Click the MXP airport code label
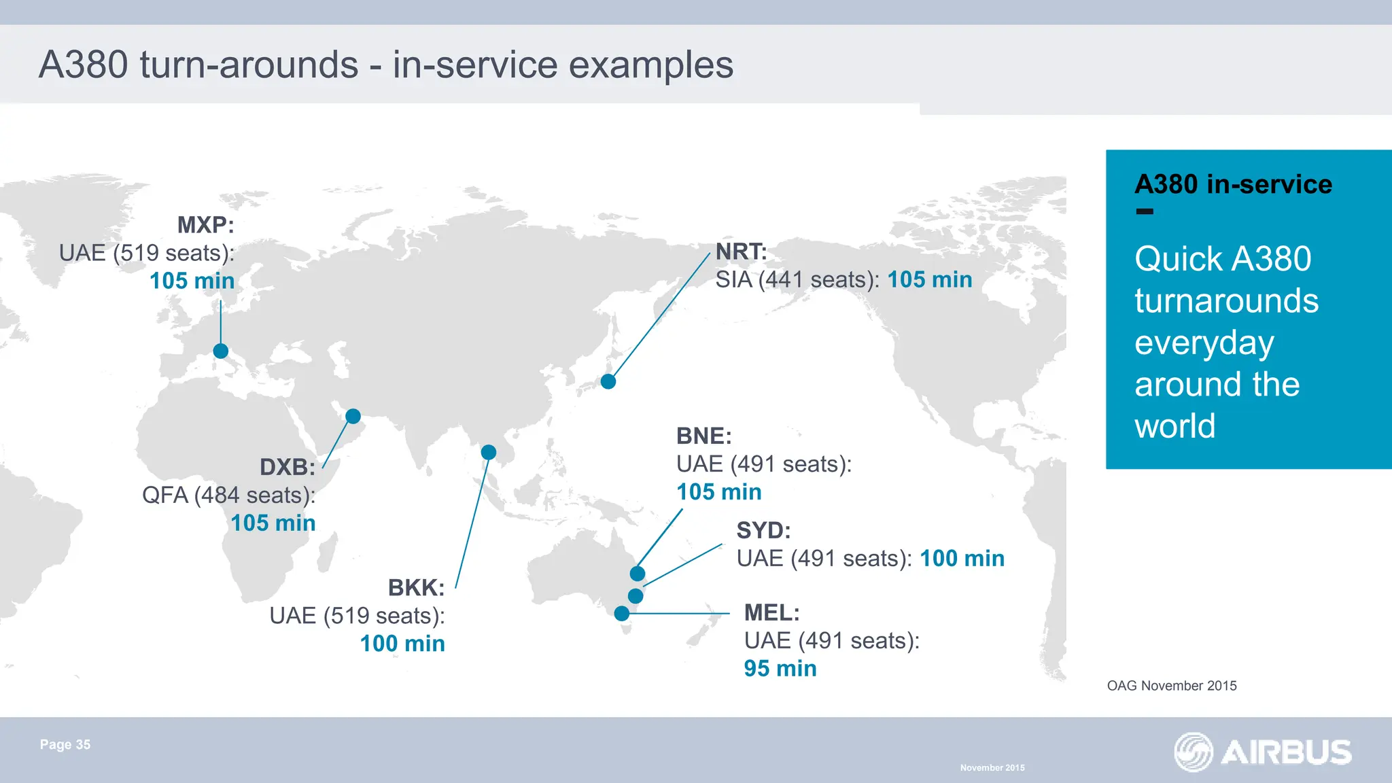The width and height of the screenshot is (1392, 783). coord(205,225)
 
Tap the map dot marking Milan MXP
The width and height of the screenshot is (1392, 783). coord(221,351)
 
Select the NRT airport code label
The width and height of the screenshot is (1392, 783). coord(741,251)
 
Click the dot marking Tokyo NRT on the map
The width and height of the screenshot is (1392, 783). coord(608,381)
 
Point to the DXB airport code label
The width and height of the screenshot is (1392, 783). coord(287,467)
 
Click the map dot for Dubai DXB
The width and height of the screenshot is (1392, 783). coord(353,416)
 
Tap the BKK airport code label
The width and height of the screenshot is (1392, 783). coord(416,587)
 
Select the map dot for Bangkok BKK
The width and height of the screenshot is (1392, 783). coord(488,452)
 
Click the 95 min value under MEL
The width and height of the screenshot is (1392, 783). coord(780,668)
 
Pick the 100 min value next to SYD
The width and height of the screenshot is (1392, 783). coord(962,558)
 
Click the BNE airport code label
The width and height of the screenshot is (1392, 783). coord(703,436)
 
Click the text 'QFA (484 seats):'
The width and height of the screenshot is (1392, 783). coord(228,495)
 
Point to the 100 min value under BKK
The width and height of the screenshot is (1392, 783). coord(402,643)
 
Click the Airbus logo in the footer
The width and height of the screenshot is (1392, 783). coord(1263,752)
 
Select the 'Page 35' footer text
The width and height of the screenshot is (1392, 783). coord(65,744)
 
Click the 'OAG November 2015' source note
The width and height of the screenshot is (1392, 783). coord(1172,686)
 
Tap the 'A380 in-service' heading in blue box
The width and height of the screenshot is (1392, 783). coord(1233,184)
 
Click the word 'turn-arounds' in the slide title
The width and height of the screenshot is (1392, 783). coord(249,65)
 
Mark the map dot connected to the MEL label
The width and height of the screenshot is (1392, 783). coord(621,613)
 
